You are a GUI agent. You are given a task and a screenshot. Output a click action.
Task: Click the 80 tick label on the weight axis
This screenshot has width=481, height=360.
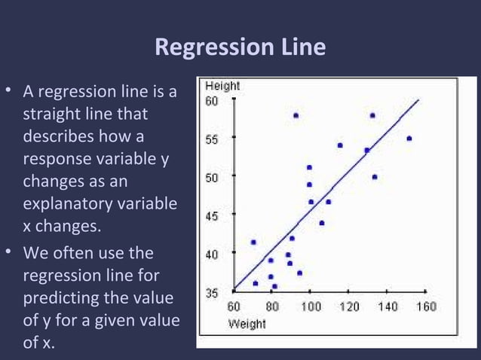[272, 307]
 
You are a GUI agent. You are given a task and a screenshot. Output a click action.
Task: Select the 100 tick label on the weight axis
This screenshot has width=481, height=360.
[311, 307]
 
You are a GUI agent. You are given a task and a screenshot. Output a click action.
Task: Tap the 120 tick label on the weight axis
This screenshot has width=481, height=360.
[349, 307]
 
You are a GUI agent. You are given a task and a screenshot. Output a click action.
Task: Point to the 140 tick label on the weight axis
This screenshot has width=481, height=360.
[388, 307]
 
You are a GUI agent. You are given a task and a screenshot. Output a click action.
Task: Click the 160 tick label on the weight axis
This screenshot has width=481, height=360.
[426, 307]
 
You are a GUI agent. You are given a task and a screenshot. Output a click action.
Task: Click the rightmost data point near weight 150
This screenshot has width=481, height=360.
[409, 139]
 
